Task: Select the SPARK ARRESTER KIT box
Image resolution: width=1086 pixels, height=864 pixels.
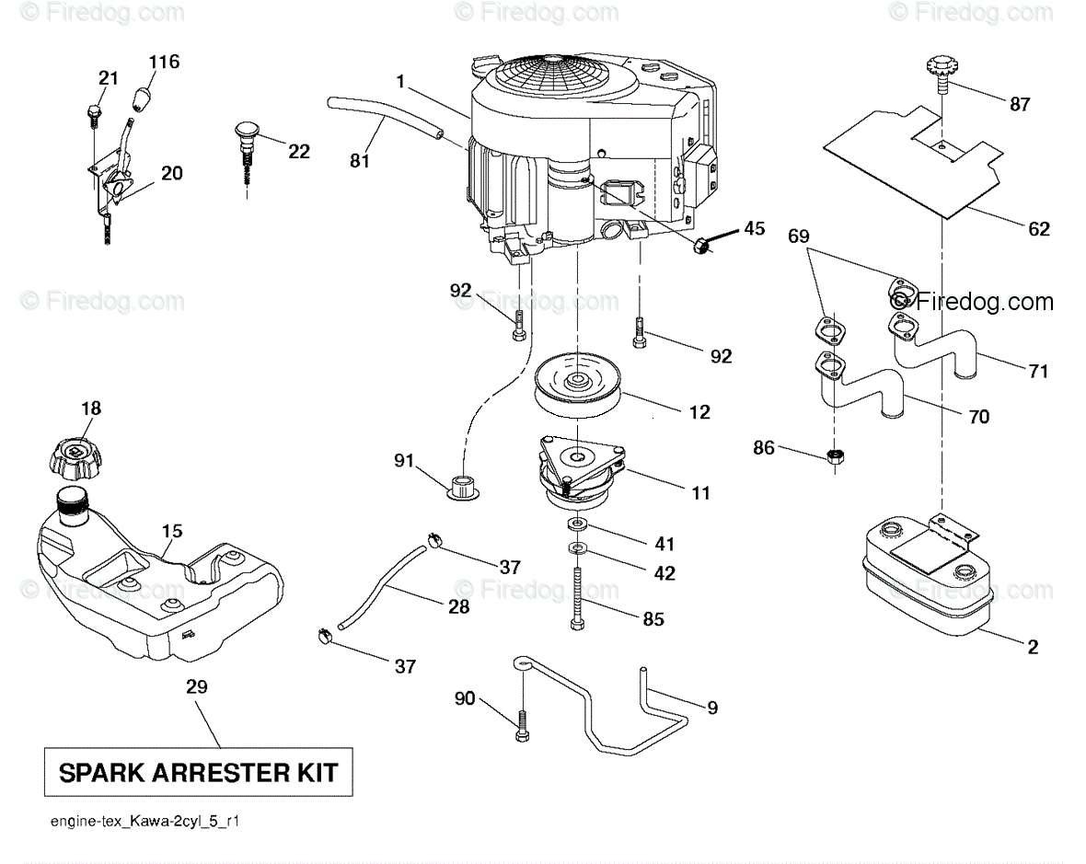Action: click(x=198, y=772)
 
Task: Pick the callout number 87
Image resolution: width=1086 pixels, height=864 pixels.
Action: click(x=1020, y=105)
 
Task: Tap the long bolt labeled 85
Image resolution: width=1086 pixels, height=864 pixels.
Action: click(x=577, y=599)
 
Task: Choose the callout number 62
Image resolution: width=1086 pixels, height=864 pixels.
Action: click(x=1039, y=229)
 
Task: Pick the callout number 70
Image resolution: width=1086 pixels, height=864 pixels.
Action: click(x=979, y=418)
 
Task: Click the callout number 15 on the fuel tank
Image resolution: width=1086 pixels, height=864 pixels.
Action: click(x=172, y=531)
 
